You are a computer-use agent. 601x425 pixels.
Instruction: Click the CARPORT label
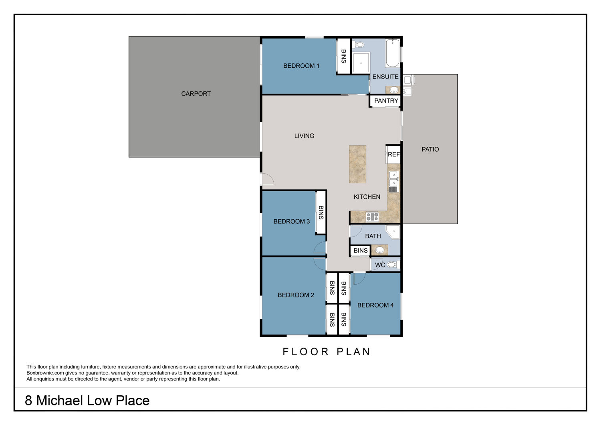click(x=196, y=94)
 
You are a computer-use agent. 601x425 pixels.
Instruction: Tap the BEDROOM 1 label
click(x=301, y=66)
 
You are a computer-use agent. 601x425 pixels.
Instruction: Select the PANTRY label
click(x=386, y=101)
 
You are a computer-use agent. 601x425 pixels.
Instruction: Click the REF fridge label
click(x=393, y=154)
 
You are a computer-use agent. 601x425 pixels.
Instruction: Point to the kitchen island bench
click(x=358, y=164)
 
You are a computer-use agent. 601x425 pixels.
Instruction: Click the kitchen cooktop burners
click(x=372, y=217)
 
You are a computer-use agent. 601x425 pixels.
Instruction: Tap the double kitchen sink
click(x=393, y=179)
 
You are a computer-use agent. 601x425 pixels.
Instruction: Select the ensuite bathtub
click(x=393, y=53)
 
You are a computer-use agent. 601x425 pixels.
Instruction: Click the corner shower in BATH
click(x=393, y=232)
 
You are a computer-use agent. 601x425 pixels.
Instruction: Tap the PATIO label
click(x=430, y=149)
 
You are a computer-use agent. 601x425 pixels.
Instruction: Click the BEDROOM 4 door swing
click(x=359, y=278)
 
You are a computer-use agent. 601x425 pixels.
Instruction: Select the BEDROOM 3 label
click(x=292, y=221)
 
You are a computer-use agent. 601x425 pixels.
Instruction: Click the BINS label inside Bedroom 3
click(x=321, y=212)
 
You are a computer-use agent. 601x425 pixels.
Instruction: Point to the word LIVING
click(x=304, y=136)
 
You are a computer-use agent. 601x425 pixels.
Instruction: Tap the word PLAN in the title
click(x=354, y=352)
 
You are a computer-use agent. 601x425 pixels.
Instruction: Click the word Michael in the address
click(x=60, y=401)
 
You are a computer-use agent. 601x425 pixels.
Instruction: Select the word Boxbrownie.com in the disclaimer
click(x=45, y=373)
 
